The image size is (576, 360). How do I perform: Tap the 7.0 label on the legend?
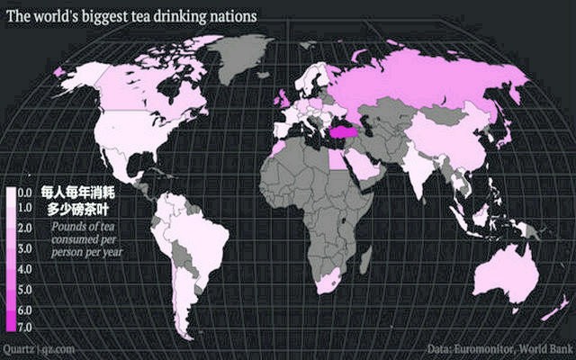tap(25, 324)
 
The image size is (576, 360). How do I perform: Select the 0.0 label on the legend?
tap(25, 193)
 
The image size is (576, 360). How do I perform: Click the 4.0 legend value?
tap(25, 269)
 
